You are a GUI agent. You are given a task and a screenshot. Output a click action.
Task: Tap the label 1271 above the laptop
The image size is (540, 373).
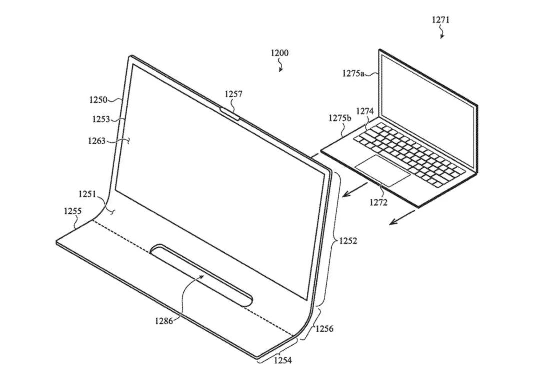tap(440, 20)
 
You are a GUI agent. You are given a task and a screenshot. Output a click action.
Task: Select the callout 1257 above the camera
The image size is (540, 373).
tap(233, 94)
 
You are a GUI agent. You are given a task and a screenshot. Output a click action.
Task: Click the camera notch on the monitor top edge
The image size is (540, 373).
tap(230, 113)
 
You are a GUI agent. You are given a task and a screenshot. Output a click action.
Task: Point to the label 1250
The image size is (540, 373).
tap(98, 100)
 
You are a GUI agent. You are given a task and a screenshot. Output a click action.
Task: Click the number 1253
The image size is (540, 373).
tap(101, 119)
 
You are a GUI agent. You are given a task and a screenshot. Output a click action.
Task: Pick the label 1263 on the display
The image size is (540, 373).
tap(96, 141)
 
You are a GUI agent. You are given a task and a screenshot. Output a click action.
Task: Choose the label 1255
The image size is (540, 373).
tap(72, 211)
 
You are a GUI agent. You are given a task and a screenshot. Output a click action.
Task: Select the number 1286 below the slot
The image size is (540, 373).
tap(164, 321)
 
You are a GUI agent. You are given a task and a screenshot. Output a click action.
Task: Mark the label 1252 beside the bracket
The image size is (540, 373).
tap(348, 241)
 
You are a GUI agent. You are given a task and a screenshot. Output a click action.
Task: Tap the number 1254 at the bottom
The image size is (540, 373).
tap(282, 360)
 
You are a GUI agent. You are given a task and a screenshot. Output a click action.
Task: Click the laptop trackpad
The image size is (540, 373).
tap(382, 170)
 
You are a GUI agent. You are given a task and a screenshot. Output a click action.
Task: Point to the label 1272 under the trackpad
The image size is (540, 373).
tap(378, 203)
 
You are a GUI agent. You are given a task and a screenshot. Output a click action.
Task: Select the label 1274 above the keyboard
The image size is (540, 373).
tap(365, 111)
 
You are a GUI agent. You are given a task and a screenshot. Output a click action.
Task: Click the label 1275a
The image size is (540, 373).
tap(353, 73)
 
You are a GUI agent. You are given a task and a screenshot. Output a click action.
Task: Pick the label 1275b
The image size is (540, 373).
tap(340, 119)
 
